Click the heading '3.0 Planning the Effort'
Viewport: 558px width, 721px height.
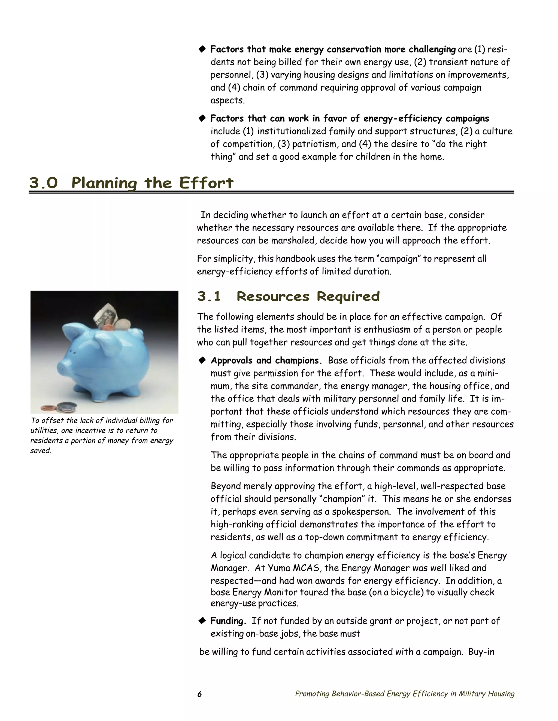[131, 183]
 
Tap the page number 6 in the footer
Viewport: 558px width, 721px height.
[199, 694]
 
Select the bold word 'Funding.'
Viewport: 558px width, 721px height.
[228, 621]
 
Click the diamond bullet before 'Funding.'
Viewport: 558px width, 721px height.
[202, 621]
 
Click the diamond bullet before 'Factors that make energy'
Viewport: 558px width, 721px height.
[202, 50]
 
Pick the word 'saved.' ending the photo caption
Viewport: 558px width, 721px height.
[41, 451]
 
